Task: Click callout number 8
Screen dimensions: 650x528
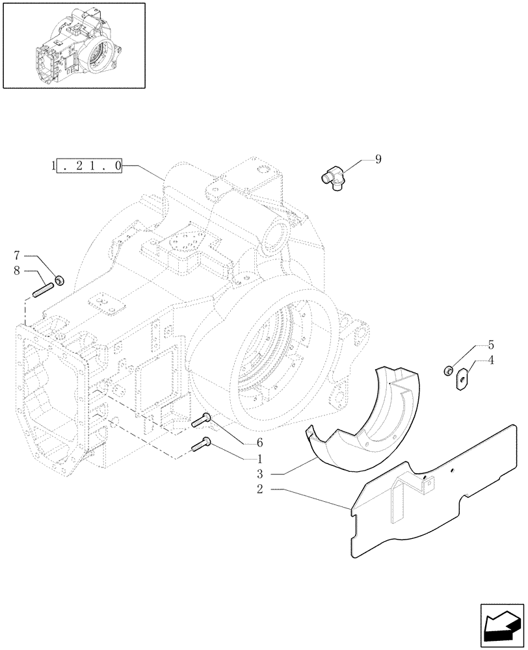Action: click(x=18, y=270)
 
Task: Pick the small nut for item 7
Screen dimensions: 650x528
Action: click(x=59, y=281)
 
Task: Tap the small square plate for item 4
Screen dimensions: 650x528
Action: click(x=462, y=377)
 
